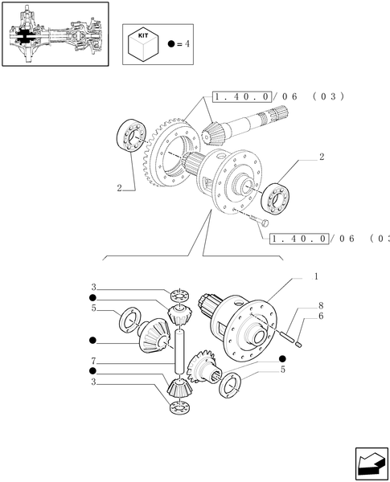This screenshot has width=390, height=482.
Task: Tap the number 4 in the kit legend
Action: coord(187,44)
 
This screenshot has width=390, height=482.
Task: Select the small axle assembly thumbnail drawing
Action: coord(54,35)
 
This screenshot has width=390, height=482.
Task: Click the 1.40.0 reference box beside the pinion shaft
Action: coord(242,96)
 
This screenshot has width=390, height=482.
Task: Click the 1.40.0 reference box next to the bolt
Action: coord(301,239)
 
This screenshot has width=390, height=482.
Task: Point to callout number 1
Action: coord(316,276)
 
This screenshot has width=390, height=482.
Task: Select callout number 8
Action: coord(319,305)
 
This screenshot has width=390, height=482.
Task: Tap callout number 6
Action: coord(319,317)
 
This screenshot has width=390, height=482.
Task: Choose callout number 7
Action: coord(94,361)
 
